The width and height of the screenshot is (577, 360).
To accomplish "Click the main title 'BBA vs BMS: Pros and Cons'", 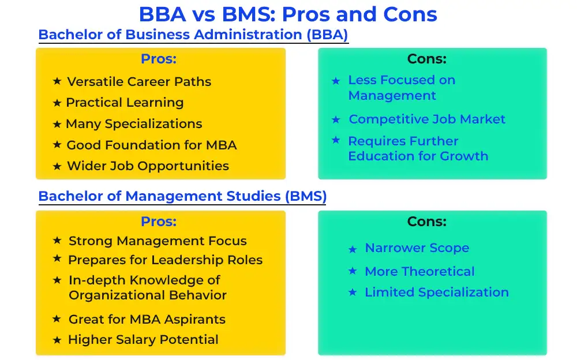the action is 288,15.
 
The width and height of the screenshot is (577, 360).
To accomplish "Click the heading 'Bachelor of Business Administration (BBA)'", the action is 193,35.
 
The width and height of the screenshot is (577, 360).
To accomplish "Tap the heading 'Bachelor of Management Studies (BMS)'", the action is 182,196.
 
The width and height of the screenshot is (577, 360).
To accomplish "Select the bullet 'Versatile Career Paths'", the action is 139,81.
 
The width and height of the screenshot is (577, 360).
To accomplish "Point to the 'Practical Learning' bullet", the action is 125,102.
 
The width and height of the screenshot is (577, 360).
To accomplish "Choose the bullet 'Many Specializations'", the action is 134,123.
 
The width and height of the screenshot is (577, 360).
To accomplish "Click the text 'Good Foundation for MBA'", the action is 152,145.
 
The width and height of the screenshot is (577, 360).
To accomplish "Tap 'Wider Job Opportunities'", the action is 148,166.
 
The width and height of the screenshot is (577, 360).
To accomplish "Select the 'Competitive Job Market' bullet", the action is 427,119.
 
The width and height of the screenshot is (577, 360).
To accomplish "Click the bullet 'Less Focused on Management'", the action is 402,88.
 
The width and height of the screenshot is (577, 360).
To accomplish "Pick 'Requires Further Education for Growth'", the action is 418,148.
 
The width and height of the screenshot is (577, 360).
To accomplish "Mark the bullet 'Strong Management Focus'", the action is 158,241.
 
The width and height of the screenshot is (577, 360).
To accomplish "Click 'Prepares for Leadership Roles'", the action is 165,260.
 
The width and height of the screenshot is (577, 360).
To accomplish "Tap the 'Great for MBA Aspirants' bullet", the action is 147,319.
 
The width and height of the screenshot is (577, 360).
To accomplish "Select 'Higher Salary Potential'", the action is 143,339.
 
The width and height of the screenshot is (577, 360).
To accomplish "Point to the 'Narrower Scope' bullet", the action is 417,247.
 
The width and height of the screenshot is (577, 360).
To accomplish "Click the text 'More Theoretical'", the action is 419,271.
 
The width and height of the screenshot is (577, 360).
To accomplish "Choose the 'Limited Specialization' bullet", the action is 437,292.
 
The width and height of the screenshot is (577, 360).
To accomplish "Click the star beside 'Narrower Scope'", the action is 353,249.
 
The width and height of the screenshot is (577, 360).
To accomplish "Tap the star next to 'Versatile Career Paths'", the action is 57,81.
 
